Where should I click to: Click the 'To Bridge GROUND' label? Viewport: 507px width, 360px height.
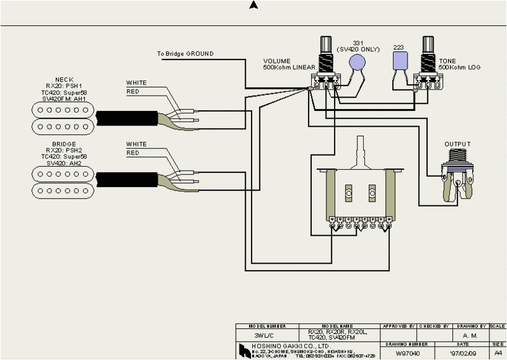tap(185, 54)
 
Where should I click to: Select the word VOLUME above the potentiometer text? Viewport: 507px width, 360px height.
tap(277, 61)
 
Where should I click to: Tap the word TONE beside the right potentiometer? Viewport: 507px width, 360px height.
tap(447, 61)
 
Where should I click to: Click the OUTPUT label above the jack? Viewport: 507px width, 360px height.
tap(458, 145)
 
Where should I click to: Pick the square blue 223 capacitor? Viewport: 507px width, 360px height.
tap(400, 61)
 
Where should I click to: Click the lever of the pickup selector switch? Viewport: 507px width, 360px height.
tap(362, 150)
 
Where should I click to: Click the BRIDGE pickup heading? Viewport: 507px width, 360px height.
tap(64, 145)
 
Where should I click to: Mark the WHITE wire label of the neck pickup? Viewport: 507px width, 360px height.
tap(136, 83)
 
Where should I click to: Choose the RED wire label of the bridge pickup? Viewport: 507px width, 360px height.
tap(133, 153)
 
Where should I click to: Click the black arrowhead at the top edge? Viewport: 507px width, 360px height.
tap(253, 5)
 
